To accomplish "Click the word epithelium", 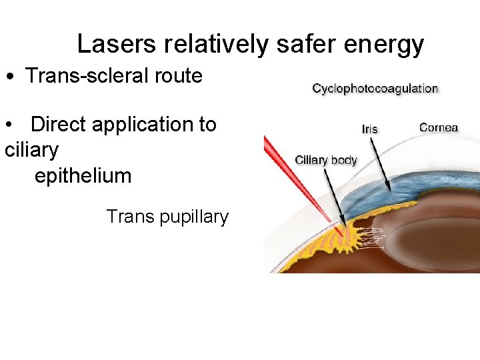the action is [83, 176].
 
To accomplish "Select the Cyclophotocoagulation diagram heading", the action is [375, 89].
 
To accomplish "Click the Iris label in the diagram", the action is [370, 129].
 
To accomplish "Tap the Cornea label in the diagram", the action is [439, 127].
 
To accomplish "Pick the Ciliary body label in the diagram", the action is [326, 160].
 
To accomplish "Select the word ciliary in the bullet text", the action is [31, 151].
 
